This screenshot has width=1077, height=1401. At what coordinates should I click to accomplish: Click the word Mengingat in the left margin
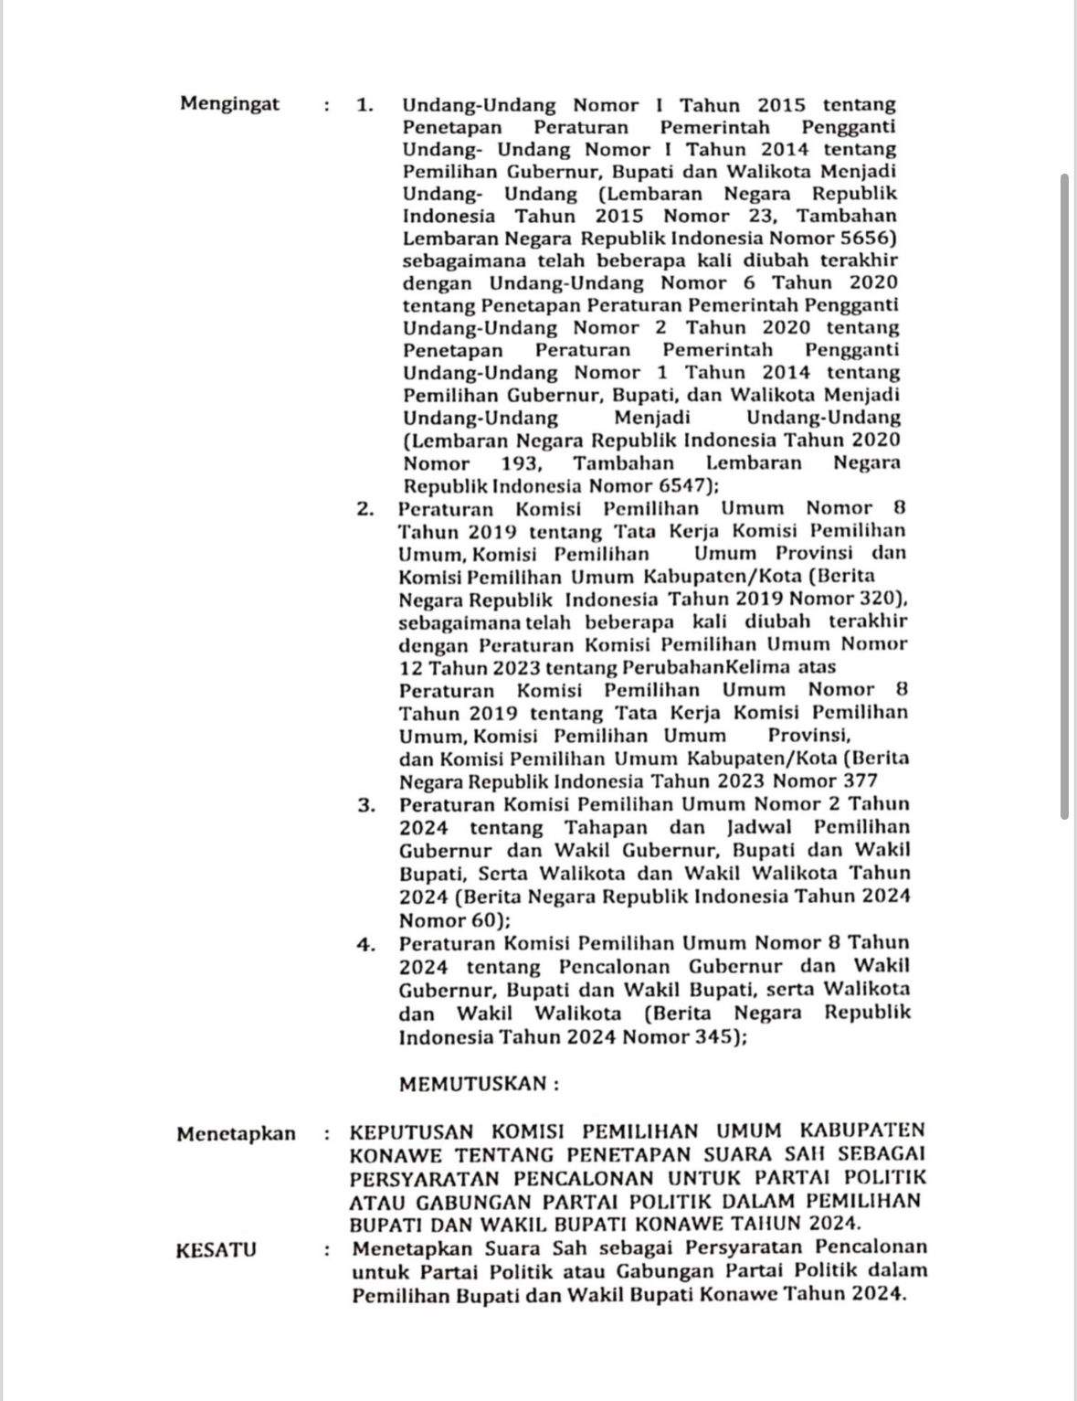click(x=229, y=103)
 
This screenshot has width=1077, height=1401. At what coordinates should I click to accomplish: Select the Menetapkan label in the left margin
click(x=236, y=1134)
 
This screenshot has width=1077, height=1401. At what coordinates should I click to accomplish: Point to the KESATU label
click(x=216, y=1249)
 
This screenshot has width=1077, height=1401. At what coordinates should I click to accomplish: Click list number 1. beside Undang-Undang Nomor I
click(x=365, y=105)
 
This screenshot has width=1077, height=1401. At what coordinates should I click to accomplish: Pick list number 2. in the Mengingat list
click(x=365, y=509)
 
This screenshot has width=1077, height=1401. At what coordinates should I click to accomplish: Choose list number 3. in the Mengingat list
click(x=366, y=805)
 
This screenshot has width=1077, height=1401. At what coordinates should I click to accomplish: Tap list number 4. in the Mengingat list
click(x=366, y=944)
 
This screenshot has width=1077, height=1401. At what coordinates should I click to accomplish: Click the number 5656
click(x=871, y=239)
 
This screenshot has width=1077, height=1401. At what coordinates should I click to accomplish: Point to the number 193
click(x=521, y=462)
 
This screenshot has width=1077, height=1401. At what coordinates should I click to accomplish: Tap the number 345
click(x=716, y=1037)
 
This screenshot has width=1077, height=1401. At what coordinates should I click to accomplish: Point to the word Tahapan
click(x=605, y=828)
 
